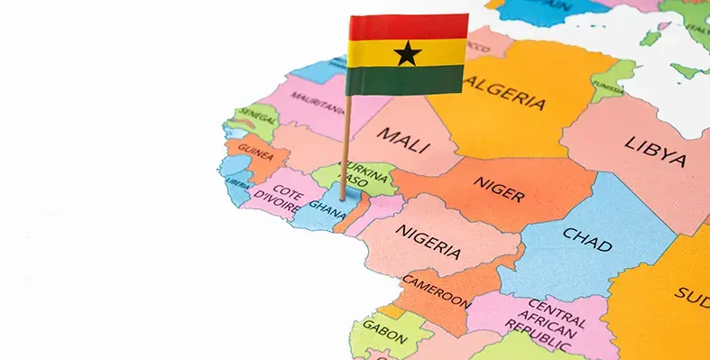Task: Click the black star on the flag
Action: coord(408,53)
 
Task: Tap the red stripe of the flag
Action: coord(408,28)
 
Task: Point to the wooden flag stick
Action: coord(345,144)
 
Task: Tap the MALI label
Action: coord(402,140)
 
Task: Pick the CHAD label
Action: coord(587,238)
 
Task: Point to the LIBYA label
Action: coord(656,151)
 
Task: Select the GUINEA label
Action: coord(255,152)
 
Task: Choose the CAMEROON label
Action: coord(436,289)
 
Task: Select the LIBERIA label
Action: coord(238,183)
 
